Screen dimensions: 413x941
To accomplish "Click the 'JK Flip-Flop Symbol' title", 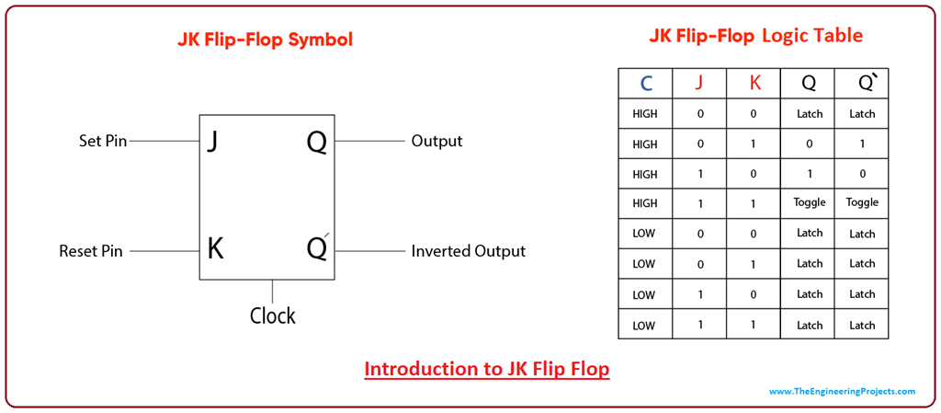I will pyautogui.click(x=266, y=40).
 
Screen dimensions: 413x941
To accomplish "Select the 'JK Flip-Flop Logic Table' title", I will pyautogui.click(x=755, y=36).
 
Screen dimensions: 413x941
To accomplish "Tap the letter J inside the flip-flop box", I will pyautogui.click(x=212, y=142).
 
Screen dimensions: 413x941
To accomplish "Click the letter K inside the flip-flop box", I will pyautogui.click(x=215, y=249).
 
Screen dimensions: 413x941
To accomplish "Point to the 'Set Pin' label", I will pyautogui.click(x=103, y=142).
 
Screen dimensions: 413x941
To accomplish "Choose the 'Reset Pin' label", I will pyautogui.click(x=91, y=251).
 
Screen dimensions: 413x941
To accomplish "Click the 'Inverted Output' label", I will pyautogui.click(x=468, y=251).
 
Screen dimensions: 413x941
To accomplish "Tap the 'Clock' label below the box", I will pyautogui.click(x=273, y=315).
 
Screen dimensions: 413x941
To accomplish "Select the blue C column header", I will pyautogui.click(x=646, y=84).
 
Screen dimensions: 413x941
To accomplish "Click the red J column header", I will pyautogui.click(x=699, y=84).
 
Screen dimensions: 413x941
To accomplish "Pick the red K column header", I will pyautogui.click(x=754, y=84).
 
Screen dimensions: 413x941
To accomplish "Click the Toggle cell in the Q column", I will pyautogui.click(x=810, y=202).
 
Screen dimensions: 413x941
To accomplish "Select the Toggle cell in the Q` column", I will pyautogui.click(x=862, y=202).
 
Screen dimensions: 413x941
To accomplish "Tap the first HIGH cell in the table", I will pyautogui.click(x=645, y=114).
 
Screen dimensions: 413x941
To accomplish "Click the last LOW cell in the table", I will pyautogui.click(x=644, y=325).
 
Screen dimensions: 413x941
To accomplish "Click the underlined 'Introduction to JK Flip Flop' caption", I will pyautogui.click(x=487, y=369).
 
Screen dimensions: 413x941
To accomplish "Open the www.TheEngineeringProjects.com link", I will pyautogui.click(x=842, y=392).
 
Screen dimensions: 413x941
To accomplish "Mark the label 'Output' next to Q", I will pyautogui.click(x=436, y=142).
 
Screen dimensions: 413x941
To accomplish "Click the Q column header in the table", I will pyautogui.click(x=809, y=84).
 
